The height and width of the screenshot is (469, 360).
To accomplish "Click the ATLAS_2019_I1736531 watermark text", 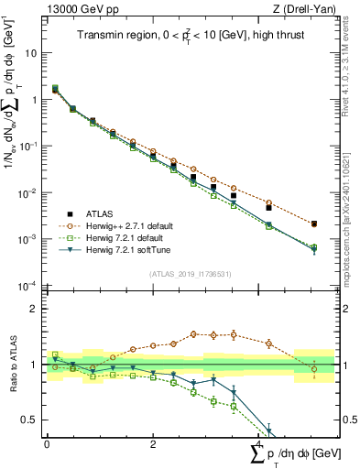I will click(189, 275).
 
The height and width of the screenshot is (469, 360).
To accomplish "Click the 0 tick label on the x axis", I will click(47, 443).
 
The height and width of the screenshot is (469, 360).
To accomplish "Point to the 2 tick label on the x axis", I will click(152, 443).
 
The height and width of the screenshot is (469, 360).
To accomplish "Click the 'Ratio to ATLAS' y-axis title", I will click(11, 364).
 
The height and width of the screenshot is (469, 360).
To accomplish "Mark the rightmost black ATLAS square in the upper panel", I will click(314, 224).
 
